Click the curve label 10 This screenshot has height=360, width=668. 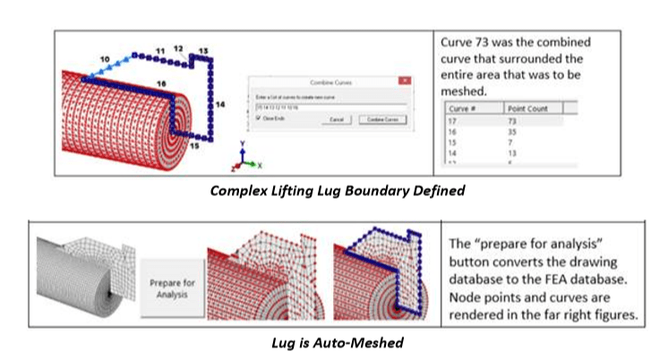coord(105,58)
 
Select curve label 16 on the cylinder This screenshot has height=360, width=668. coord(160,82)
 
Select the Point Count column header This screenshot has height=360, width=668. coord(534,107)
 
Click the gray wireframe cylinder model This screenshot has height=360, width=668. coord(76,278)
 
